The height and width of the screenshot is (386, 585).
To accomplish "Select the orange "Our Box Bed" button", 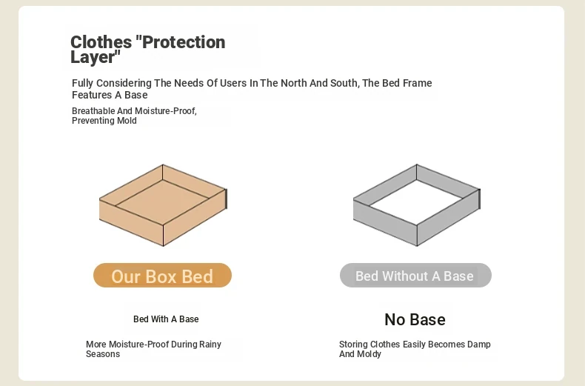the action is [162, 276].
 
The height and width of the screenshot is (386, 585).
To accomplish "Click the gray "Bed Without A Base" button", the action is [415, 276].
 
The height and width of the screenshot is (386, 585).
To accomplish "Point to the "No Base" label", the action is [415, 319].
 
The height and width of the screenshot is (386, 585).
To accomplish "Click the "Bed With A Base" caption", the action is [166, 319].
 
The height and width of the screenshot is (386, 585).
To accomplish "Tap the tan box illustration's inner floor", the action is [163, 202].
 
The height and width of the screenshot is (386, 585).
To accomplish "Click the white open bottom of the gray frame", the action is [417, 202].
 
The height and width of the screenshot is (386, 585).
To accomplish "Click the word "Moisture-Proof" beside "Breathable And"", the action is [166, 111].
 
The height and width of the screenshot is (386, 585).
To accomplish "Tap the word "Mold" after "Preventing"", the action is [127, 121].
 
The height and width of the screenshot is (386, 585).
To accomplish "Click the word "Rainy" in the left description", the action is [210, 345].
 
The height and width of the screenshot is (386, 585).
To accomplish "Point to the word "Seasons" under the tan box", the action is [103, 354].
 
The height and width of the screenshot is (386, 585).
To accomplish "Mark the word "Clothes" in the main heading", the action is [101, 42].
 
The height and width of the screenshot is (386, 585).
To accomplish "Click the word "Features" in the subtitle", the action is [92, 95].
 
